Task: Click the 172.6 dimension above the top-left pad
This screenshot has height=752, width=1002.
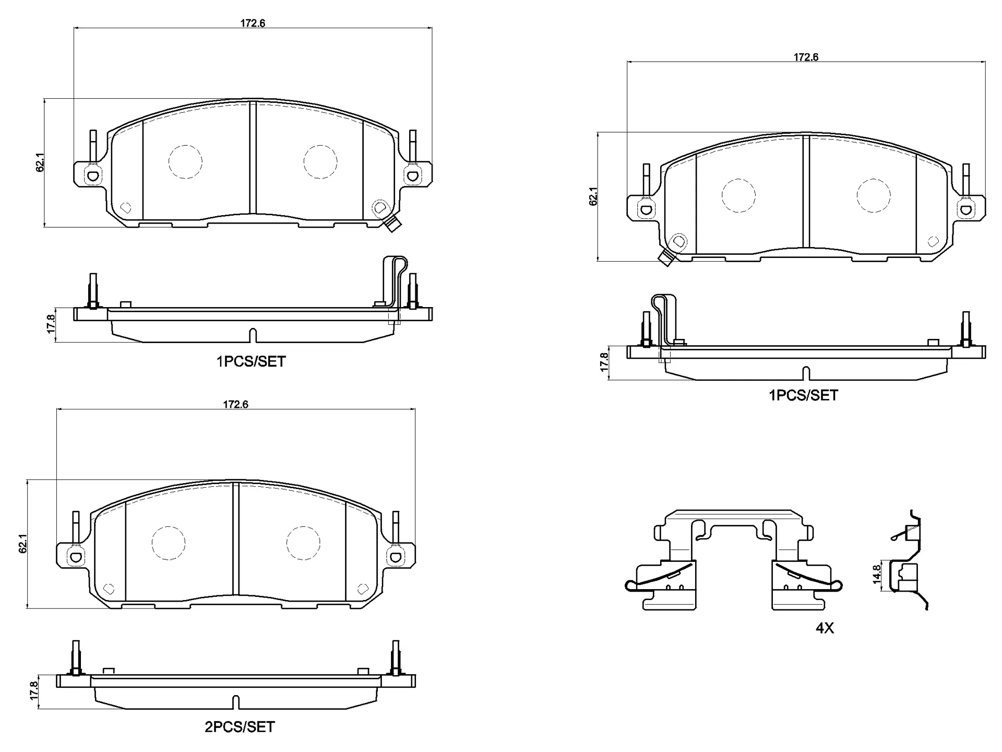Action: pos(253,23)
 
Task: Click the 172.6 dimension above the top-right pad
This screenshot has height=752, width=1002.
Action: pos(806,57)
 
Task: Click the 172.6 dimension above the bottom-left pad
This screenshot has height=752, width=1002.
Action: pos(235,405)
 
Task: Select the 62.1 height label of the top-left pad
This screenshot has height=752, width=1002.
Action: pos(41,162)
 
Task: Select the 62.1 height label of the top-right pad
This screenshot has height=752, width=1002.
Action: pos(593,196)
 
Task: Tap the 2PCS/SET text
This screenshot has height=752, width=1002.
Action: pos(239,727)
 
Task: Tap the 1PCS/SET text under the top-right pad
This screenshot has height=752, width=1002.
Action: pos(803,395)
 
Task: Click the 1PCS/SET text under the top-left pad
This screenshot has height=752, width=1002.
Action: pos(251,361)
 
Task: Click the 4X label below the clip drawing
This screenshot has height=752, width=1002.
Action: pos(825,628)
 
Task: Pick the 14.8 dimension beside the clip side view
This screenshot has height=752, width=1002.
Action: pos(877,573)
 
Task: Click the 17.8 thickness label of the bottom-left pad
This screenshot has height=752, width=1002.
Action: pos(34,690)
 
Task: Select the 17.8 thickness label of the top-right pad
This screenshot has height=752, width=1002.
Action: pos(604,362)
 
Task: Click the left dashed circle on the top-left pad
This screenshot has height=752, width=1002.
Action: pos(185,161)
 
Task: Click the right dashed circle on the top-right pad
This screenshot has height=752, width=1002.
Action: pos(873,195)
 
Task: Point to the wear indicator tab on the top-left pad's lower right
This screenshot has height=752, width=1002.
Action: pos(392,225)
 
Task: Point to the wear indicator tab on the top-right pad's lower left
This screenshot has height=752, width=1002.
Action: pos(666,258)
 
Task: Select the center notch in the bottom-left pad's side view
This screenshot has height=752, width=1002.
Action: pos(235,702)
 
